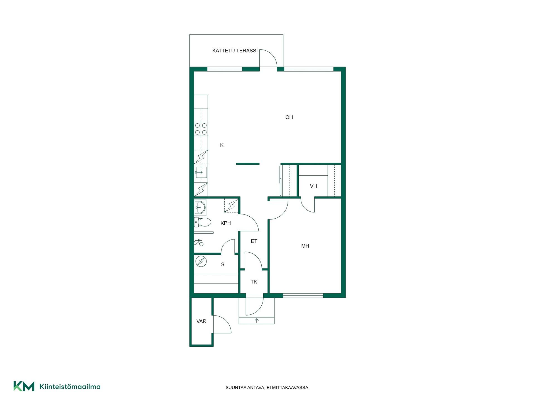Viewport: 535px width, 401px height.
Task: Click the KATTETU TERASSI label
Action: (x=235, y=51)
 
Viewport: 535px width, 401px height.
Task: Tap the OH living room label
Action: (x=289, y=117)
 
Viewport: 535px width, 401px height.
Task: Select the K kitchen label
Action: (x=222, y=145)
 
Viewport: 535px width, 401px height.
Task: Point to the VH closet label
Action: (x=313, y=186)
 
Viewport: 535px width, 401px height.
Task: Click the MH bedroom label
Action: (x=305, y=246)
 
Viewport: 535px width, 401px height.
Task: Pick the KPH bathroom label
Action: (x=226, y=223)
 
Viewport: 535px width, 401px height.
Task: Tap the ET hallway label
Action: (x=254, y=241)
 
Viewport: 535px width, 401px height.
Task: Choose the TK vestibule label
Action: (x=254, y=282)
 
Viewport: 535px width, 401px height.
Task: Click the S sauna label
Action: (x=223, y=265)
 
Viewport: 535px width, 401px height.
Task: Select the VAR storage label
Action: (x=201, y=321)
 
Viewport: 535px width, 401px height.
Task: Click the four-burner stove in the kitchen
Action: (x=201, y=129)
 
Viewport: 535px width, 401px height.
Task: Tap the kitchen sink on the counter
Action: (x=201, y=172)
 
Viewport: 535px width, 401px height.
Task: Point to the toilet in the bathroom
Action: (x=203, y=222)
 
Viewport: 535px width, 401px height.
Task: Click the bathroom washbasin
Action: (x=200, y=207)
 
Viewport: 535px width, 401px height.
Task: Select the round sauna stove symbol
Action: (x=201, y=261)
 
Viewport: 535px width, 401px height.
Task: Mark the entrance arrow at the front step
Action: (x=257, y=321)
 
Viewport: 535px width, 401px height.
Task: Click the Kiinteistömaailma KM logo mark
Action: (x=24, y=386)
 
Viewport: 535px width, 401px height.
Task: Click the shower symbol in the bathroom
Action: (x=199, y=243)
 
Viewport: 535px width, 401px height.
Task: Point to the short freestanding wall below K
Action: (x=248, y=164)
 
